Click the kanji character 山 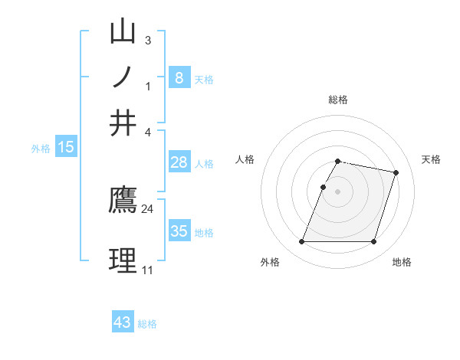[123, 32]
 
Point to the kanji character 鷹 [123, 201]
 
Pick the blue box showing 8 [179, 77]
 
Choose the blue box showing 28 [179, 162]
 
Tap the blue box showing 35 [179, 231]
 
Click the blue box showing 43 [123, 322]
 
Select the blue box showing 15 [66, 147]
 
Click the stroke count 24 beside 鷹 [148, 208]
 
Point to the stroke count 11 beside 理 [147, 270]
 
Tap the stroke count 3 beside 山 [147, 40]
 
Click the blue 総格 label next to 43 [147, 324]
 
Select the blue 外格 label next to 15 [41, 149]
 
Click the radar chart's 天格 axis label [431, 159]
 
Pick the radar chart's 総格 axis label [338, 100]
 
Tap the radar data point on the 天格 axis [396, 172]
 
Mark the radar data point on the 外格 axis [302, 242]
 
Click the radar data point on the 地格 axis [373, 242]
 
